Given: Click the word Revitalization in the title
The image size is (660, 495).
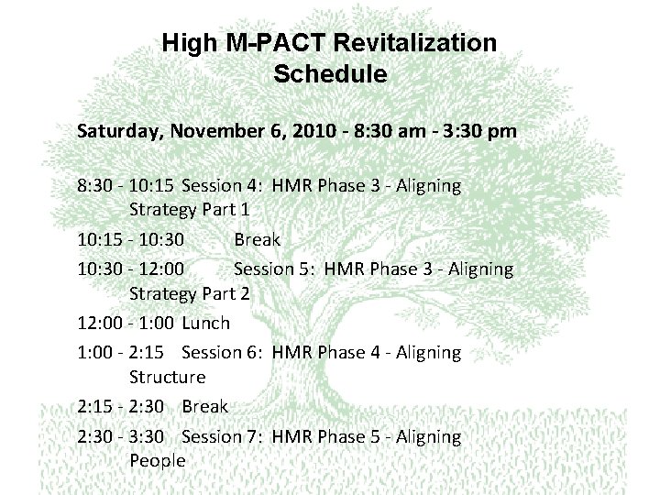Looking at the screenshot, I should (418, 43).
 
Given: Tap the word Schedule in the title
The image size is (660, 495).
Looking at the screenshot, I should (330, 74).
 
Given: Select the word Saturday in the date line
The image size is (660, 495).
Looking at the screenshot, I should (118, 131).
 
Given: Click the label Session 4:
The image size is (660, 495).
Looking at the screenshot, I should (224, 186).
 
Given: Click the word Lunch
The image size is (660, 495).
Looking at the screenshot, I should (206, 323).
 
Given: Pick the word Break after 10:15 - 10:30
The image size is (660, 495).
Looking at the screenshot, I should (257, 240).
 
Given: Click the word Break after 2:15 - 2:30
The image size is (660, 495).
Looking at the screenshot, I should (205, 406).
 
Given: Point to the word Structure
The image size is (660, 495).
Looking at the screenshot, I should (168, 377).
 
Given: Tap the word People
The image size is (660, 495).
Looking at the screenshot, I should (158, 460).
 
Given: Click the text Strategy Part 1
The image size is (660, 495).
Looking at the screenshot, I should (190, 210).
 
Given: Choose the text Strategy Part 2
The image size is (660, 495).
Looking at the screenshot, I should (190, 293).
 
